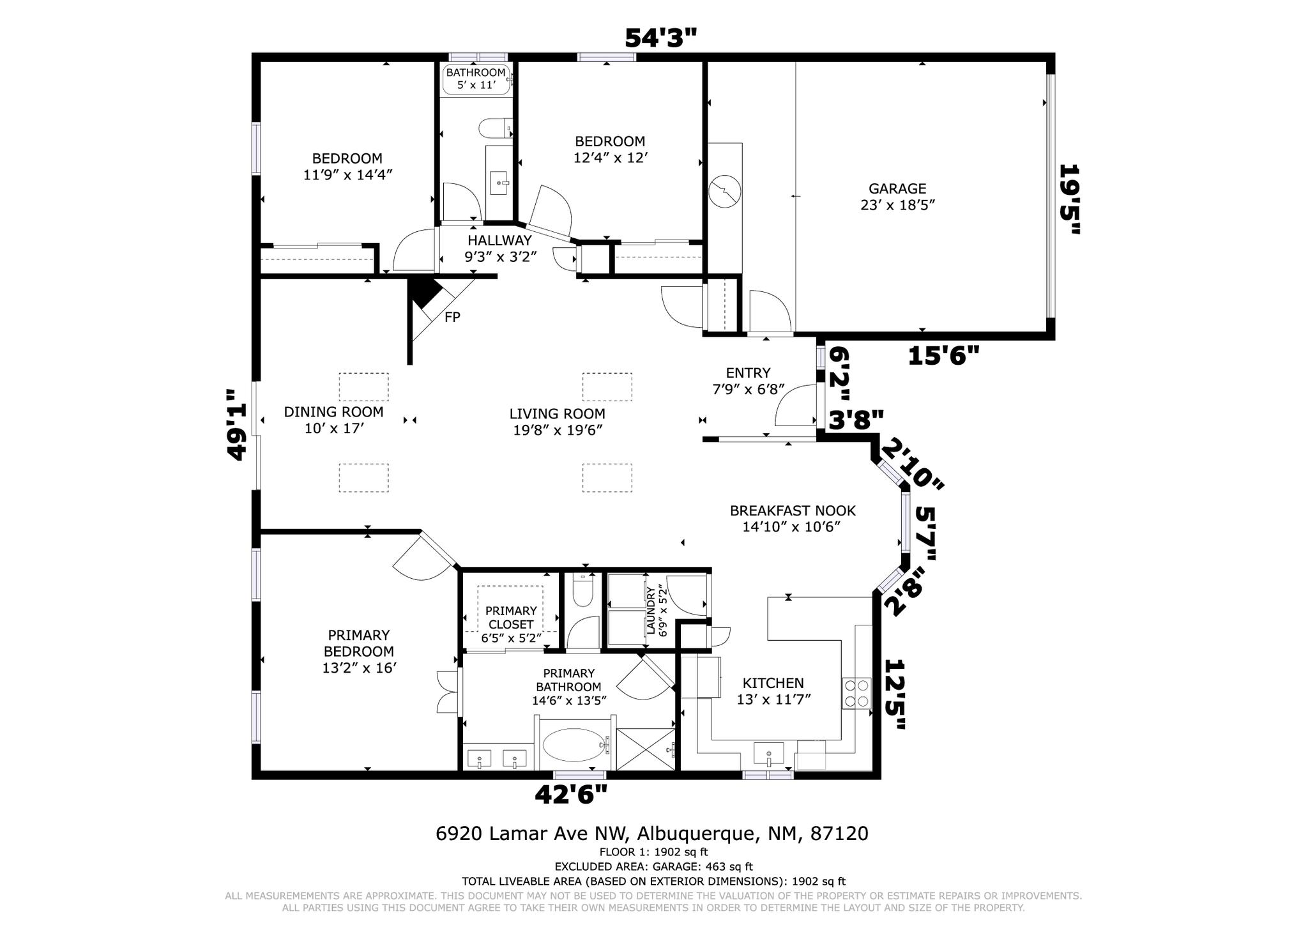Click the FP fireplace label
click(452, 317)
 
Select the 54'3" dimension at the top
click(660, 38)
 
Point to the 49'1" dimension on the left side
click(237, 425)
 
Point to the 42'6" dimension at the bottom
click(570, 795)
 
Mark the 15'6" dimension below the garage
click(943, 356)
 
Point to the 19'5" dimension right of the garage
click(1070, 199)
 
